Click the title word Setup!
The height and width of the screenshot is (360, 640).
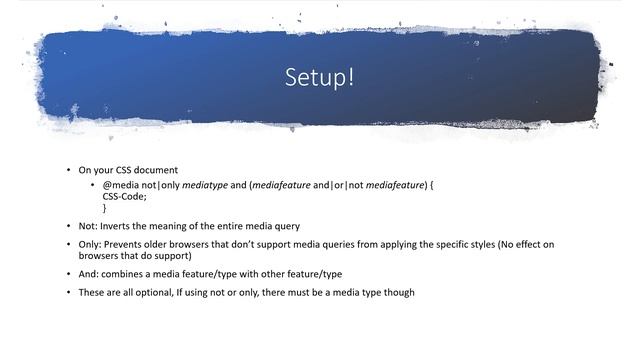320,77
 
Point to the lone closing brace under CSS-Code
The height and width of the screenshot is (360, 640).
105,208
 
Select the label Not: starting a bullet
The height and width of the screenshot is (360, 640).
88,226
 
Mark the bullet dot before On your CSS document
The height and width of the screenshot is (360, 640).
68,170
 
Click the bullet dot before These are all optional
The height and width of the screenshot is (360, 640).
68,293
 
